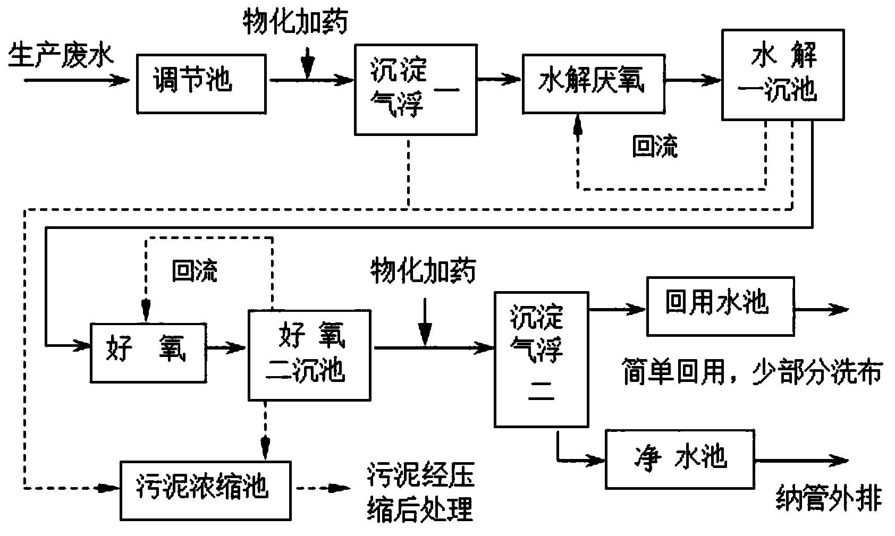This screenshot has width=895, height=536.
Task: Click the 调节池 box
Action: click(201, 82)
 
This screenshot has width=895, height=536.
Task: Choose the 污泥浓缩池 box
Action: click(206, 490)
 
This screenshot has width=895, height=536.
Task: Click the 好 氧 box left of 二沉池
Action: click(148, 352)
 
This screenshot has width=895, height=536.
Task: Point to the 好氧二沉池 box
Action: click(309, 355)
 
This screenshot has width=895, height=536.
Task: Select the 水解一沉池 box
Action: click(782, 75)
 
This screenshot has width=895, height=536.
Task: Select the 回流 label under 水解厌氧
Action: click(655, 147)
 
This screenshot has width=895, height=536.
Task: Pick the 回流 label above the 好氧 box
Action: click(195, 271)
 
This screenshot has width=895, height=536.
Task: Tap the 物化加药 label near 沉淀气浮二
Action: click(423, 271)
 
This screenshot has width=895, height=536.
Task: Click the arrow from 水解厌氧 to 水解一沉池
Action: click(692, 81)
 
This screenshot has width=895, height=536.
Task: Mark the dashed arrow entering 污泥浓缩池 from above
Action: click(264, 430)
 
